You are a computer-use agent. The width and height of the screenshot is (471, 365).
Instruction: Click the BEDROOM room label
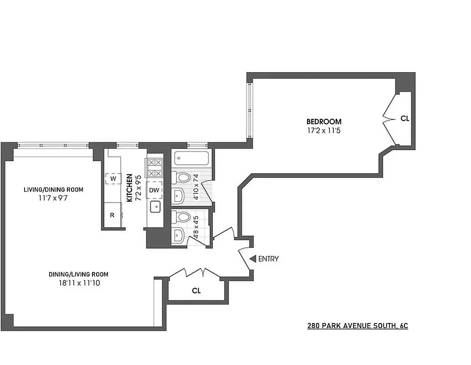click(x=323, y=122)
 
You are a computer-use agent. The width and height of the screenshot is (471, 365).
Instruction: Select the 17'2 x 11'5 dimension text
click(x=323, y=130)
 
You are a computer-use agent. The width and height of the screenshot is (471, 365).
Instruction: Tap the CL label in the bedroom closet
click(x=404, y=118)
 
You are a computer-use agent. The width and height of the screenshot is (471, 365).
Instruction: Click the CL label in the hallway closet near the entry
click(x=196, y=290)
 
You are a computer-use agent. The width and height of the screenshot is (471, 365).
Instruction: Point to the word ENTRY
click(x=268, y=259)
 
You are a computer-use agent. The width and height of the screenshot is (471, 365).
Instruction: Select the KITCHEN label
click(x=129, y=188)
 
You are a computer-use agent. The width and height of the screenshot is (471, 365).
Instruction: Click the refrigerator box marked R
click(x=112, y=214)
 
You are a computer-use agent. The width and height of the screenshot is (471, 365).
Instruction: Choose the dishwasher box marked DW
click(x=154, y=190)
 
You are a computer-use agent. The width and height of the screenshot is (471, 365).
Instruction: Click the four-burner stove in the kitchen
click(x=154, y=167)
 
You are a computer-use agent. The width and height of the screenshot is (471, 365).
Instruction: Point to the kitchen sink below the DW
click(x=155, y=208)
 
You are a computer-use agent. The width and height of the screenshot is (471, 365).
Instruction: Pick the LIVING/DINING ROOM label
click(x=54, y=190)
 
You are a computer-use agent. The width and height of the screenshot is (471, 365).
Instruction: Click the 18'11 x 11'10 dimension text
click(x=78, y=283)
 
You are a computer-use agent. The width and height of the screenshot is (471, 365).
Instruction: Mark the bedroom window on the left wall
click(x=249, y=109)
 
